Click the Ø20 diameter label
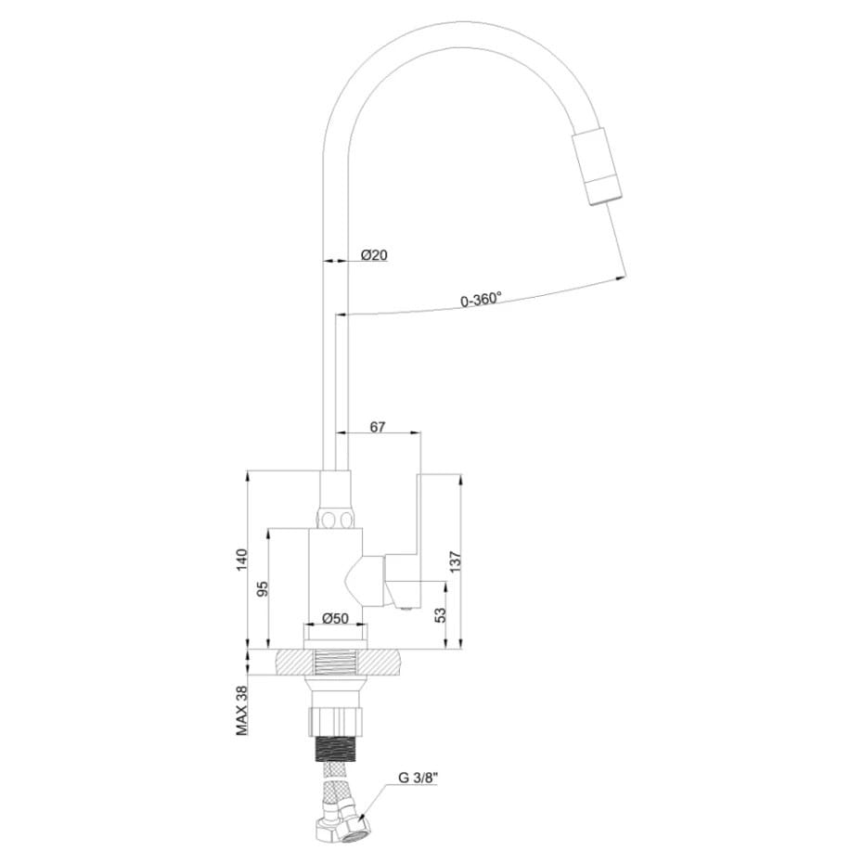(374, 255)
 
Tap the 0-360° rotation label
(481, 300)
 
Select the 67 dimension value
(378, 427)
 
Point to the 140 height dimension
(243, 560)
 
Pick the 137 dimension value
(456, 561)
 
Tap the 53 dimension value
(440, 615)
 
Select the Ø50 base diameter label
(335, 618)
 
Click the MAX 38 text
(242, 711)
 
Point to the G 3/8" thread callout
(418, 779)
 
